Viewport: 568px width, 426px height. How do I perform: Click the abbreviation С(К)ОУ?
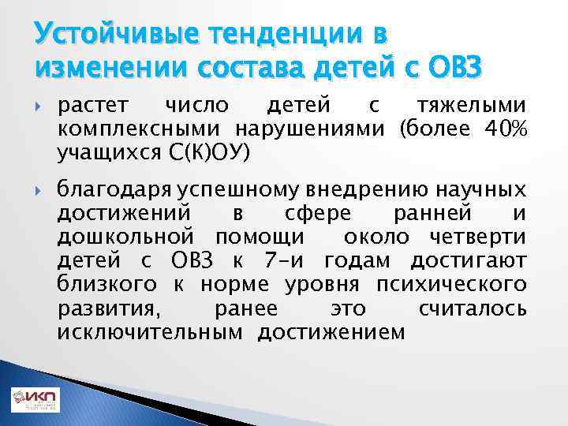point(211,150)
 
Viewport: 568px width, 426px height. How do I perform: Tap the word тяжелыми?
point(471,107)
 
